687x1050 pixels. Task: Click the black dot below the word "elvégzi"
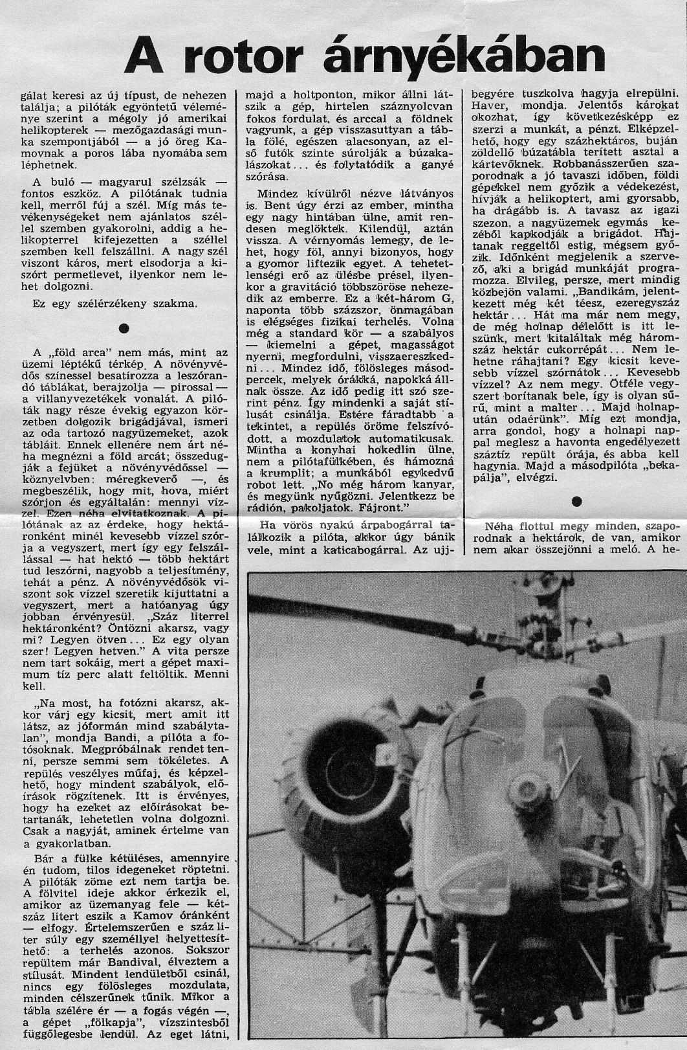click(x=576, y=500)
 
